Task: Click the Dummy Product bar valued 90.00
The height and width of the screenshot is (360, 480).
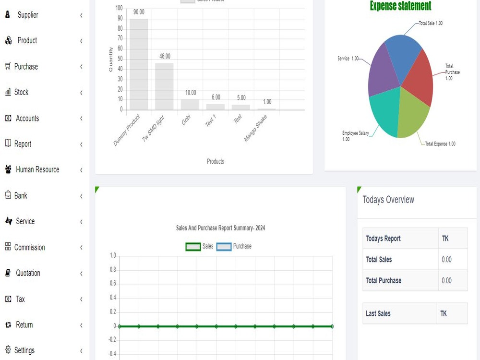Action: (139, 64)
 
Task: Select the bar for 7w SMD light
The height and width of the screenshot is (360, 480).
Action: (164, 86)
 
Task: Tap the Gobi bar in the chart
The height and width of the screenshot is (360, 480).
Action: (190, 104)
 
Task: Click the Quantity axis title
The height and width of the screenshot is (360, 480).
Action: (110, 60)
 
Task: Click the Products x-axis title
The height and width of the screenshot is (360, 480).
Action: (215, 161)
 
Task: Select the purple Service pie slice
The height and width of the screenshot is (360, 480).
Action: (384, 72)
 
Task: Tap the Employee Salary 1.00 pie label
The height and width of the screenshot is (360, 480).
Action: (355, 136)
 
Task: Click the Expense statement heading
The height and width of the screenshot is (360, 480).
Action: (400, 6)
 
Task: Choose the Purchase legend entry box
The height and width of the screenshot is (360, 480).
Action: (224, 246)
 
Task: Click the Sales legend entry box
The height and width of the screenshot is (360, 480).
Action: (193, 246)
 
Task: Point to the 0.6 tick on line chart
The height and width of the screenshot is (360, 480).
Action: (113, 284)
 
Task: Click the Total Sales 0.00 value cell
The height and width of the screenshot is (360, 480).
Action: (453, 260)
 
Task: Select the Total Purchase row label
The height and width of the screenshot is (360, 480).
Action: (384, 280)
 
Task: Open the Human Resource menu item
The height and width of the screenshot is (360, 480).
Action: (37, 169)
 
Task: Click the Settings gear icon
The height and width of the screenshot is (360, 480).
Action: (8, 349)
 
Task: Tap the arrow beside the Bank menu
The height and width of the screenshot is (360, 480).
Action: (81, 196)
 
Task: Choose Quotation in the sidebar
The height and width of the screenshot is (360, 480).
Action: (28, 273)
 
